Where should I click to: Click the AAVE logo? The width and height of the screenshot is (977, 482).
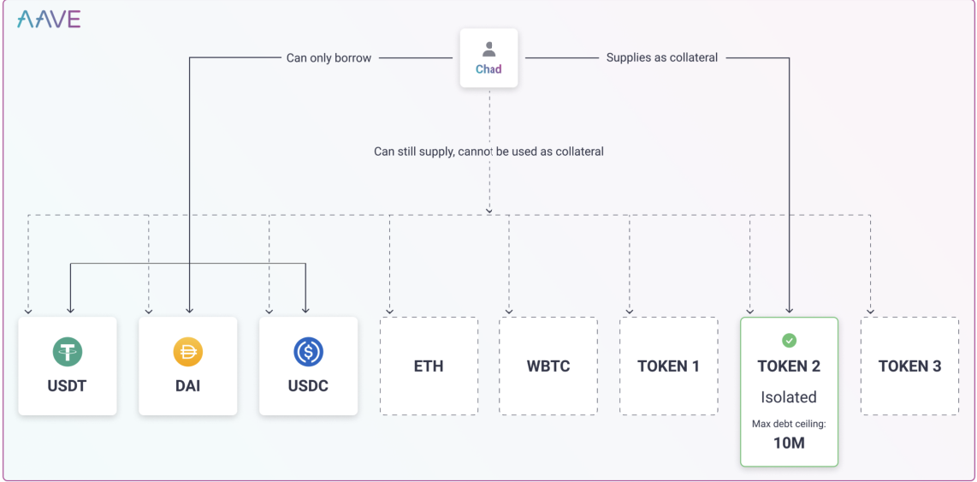tap(49, 20)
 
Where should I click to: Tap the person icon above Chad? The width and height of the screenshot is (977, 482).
tap(488, 50)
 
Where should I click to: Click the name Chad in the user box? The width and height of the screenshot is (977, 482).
tap(488, 69)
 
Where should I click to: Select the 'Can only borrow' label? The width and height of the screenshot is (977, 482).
tap(329, 58)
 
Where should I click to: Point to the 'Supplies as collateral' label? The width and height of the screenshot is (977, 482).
tap(661, 57)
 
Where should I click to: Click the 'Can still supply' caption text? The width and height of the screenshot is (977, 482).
tap(488, 152)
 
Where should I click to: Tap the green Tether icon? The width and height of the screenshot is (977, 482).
tap(67, 352)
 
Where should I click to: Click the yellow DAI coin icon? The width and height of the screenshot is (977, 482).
tap(187, 352)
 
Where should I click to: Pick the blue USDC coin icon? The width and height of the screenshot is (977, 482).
tap(308, 352)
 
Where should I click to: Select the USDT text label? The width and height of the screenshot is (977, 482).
tap(67, 386)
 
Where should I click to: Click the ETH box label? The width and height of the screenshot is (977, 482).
tap(429, 366)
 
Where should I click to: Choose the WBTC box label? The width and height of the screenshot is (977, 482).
tap(548, 366)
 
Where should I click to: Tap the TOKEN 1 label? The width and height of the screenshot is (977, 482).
tap(668, 366)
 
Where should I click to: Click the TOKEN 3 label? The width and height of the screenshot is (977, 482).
tap(909, 366)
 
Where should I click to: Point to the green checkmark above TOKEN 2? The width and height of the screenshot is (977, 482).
tap(789, 341)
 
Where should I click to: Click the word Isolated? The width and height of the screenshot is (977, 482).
tap(789, 397)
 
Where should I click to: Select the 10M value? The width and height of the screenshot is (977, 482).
tap(789, 443)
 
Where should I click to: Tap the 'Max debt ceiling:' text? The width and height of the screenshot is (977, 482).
tap(789, 425)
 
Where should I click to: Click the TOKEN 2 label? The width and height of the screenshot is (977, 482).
tap(789, 366)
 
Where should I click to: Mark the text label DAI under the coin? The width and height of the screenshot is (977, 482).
tap(187, 386)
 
